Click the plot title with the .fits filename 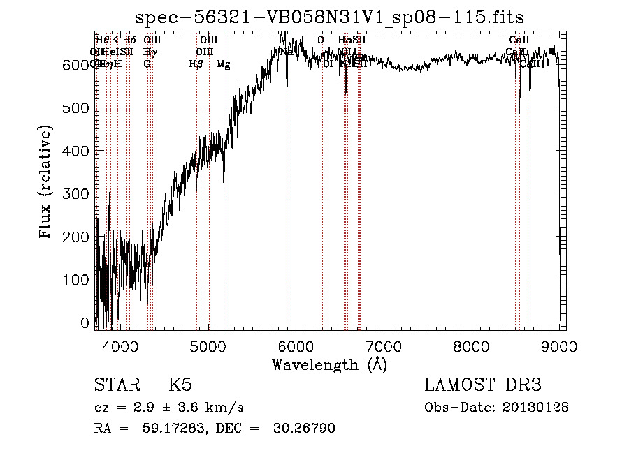pyautogui.click(x=329, y=17)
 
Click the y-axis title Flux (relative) pyautogui.click(x=47, y=183)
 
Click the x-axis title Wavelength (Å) pyautogui.click(x=329, y=365)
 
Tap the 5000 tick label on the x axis pyautogui.click(x=208, y=347)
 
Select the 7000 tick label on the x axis pyautogui.click(x=384, y=347)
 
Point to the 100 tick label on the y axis pyautogui.click(x=80, y=280)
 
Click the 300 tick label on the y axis pyautogui.click(x=80, y=194)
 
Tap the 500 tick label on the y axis pyautogui.click(x=80, y=107)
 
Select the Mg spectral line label pyautogui.click(x=223, y=64)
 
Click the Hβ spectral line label pyautogui.click(x=196, y=64)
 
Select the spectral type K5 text pyautogui.click(x=180, y=386)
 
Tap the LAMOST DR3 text pyautogui.click(x=482, y=386)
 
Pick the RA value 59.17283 pyautogui.click(x=159, y=429)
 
